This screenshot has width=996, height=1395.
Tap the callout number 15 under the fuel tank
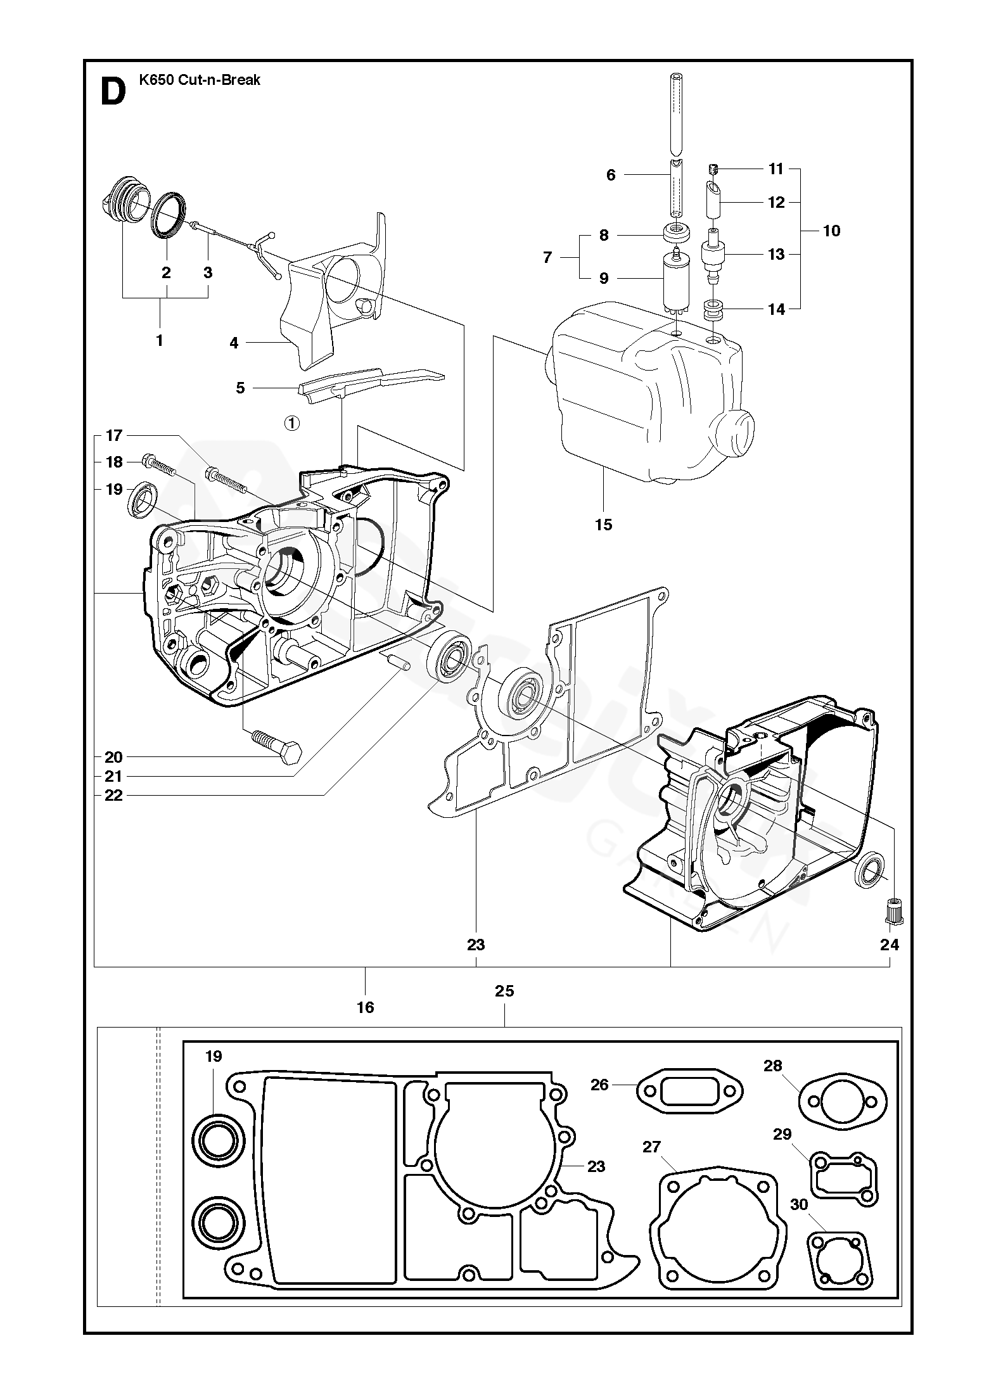coord(604,525)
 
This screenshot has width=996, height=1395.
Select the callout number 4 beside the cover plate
coord(234,343)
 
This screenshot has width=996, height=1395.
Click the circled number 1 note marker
coord(291,423)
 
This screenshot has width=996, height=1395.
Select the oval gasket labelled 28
coord(842,1102)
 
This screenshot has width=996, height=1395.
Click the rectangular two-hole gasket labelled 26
coord(689,1091)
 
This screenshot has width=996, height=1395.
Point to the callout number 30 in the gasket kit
coord(800,1204)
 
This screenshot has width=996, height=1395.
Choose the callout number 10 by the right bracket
coord(831,231)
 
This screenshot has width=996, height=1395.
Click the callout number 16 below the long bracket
coord(366,1007)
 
